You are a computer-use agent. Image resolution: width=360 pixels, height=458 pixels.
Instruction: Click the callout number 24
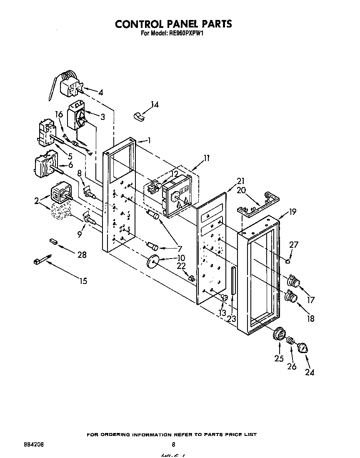point(309,373)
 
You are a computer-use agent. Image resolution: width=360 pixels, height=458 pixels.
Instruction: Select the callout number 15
point(83,281)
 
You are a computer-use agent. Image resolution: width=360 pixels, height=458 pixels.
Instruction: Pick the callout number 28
point(82,255)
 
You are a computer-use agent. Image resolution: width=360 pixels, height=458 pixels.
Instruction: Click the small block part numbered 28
point(53,241)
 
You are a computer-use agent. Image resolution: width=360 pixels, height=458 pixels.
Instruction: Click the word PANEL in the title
point(175,24)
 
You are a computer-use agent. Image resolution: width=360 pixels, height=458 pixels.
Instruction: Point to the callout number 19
point(292,212)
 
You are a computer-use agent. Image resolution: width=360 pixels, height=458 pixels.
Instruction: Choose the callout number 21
point(241,181)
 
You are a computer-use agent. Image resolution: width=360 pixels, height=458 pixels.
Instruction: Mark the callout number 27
point(294,245)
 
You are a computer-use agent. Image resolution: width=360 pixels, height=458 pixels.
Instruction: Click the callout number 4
point(100,92)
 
